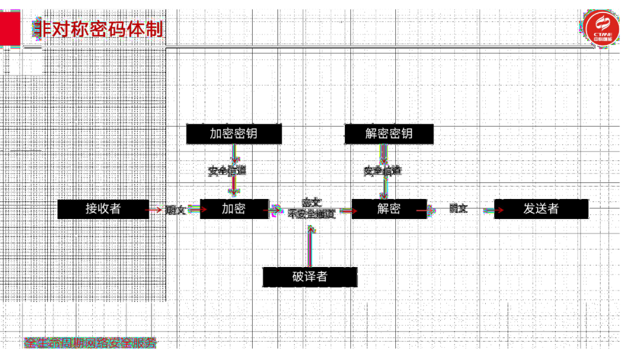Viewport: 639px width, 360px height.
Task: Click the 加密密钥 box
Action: (x=234, y=133)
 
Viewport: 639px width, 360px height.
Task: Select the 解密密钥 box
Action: (x=389, y=133)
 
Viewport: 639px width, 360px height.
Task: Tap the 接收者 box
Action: (x=103, y=209)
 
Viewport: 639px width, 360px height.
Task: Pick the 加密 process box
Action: (x=234, y=209)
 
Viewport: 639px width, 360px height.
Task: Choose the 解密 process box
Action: (x=389, y=209)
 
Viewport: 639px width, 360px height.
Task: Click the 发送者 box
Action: (x=541, y=209)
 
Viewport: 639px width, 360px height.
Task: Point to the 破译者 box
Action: (x=309, y=277)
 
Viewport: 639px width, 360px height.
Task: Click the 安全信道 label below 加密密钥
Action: (x=227, y=171)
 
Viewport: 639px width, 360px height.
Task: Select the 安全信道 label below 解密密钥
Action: (x=382, y=171)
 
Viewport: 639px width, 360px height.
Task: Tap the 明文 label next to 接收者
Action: (x=176, y=210)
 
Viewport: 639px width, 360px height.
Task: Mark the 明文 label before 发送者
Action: (x=459, y=208)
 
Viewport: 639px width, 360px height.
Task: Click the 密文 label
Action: (x=312, y=202)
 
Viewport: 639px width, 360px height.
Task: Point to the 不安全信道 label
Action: (x=312, y=214)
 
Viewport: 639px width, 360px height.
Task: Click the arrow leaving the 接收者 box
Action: (x=156, y=210)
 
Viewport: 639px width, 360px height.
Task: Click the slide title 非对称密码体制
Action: (x=98, y=28)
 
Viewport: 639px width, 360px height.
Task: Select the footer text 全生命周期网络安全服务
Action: (x=91, y=342)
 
